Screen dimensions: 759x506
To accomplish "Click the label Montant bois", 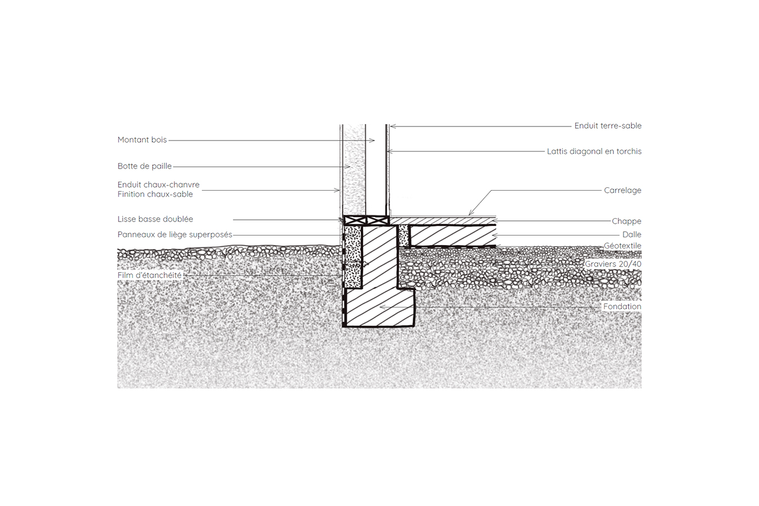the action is click(142, 140).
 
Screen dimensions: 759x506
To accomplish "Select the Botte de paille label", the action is click(144, 166).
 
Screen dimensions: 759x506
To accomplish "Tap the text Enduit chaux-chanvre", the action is click(158, 185).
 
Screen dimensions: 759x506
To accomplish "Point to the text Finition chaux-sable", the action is click(155, 194).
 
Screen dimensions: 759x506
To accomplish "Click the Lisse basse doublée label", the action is click(155, 219).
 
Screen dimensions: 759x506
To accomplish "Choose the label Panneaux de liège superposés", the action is click(175, 235).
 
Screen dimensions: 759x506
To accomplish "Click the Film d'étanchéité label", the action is click(150, 275).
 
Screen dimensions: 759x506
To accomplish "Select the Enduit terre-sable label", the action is click(608, 126).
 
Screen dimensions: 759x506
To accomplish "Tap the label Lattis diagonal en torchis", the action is click(594, 151).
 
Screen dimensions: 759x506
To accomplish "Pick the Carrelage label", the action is click(623, 191).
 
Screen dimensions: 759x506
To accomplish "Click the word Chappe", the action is click(626, 222).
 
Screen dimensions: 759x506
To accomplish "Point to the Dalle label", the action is click(632, 234).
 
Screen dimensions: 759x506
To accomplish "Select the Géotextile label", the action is click(623, 246).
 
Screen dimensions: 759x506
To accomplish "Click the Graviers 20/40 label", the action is click(613, 264).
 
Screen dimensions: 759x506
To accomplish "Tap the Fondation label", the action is click(622, 306).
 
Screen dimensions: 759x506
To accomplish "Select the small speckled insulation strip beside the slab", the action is click(403, 236).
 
